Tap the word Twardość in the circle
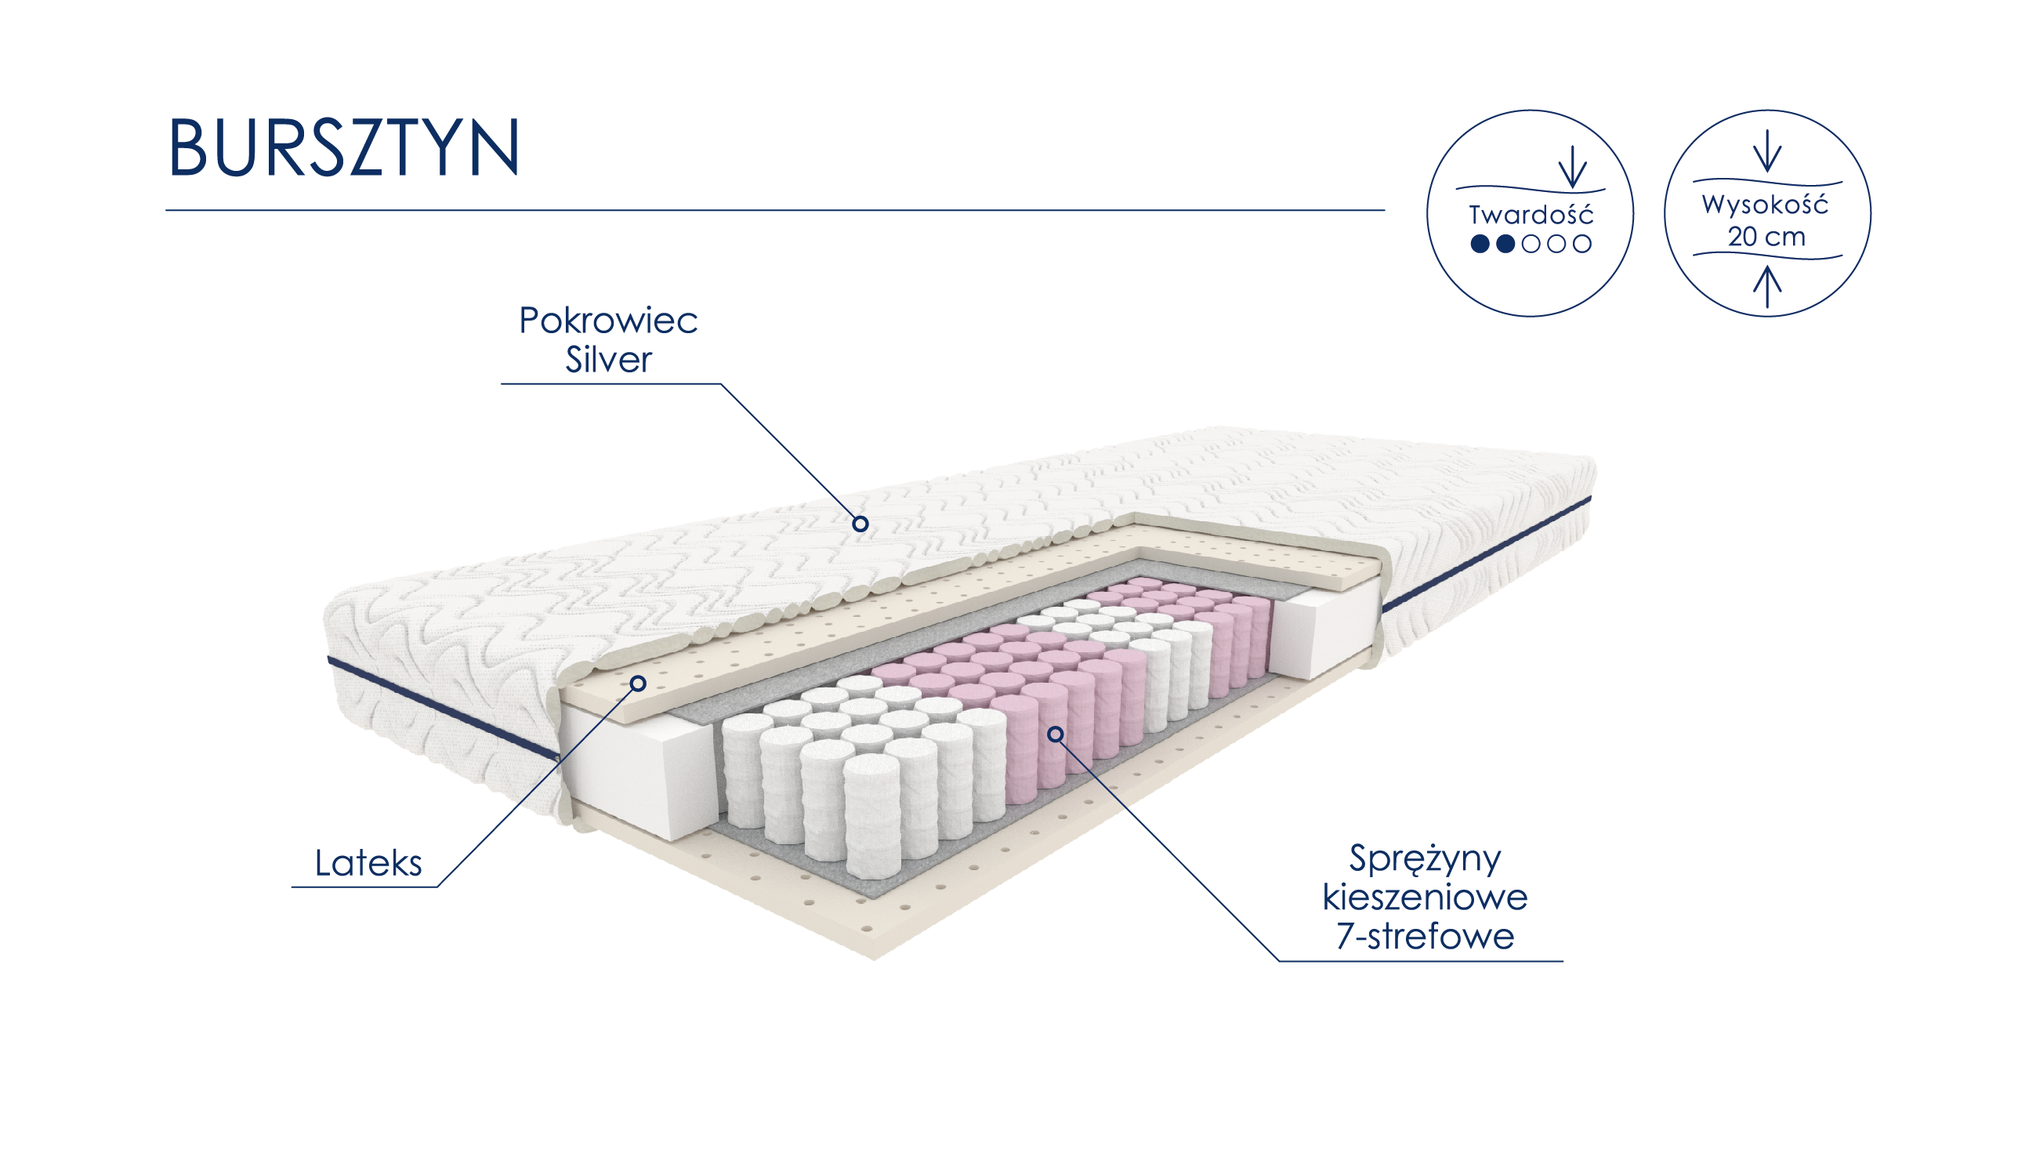tap(1531, 215)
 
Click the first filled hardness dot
tap(1479, 244)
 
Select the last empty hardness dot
tap(1581, 244)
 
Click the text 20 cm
tap(1766, 237)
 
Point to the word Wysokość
tap(1764, 205)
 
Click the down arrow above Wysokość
tap(1766, 151)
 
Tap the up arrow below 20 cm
tap(1766, 286)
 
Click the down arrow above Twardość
tap(1572, 167)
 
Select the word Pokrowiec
tap(607, 321)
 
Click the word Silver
tap(607, 359)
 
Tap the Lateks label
tap(368, 863)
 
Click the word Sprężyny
tap(1424, 858)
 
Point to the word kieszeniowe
tap(1424, 898)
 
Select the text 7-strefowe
tap(1424, 936)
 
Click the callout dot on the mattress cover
tap(860, 524)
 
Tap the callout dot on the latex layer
tap(638, 684)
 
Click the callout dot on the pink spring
tap(1055, 734)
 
